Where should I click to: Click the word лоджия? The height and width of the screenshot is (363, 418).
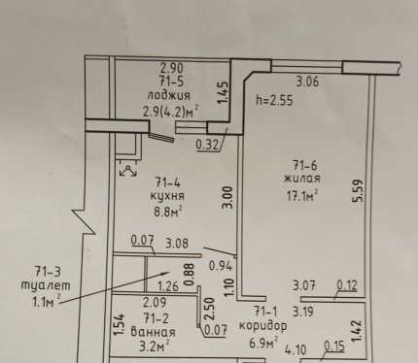tap(168, 96)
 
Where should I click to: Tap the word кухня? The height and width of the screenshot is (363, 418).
tap(167, 196)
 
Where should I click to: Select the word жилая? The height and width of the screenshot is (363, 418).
tap(302, 179)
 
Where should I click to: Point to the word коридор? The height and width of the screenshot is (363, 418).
tap(263, 326)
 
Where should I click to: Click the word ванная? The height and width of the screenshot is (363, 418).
tap(153, 333)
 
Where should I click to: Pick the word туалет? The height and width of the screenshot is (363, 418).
tap(46, 285)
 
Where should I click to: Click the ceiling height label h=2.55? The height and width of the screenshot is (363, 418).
tap(274, 100)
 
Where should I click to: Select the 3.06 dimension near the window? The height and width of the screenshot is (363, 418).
tap(307, 82)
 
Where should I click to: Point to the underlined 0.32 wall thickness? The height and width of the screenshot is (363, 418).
tap(208, 145)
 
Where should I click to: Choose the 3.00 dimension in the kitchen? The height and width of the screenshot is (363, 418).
tap(228, 197)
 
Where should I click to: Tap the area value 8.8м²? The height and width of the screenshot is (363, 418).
tap(168, 213)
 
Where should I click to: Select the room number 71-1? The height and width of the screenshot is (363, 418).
tap(266, 312)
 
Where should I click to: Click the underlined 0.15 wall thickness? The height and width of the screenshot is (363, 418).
tap(334, 346)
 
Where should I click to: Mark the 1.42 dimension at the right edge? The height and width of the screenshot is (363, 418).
tap(356, 331)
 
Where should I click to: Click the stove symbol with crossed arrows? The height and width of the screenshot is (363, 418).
tap(128, 171)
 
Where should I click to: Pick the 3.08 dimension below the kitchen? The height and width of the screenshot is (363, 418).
tap(177, 243)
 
